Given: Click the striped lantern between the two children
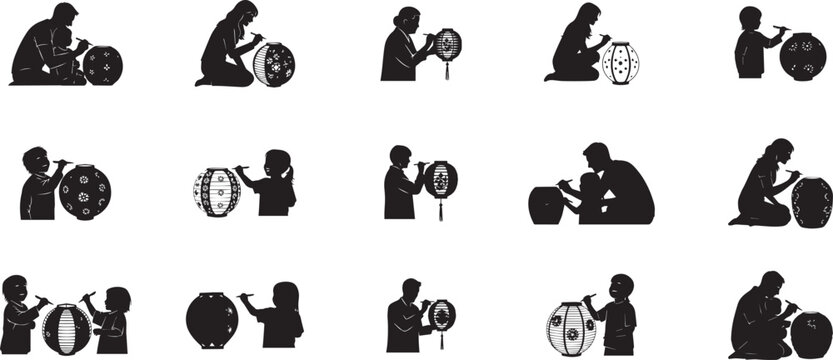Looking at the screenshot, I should tap(66, 329).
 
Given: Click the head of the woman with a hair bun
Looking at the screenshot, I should tap(408, 19).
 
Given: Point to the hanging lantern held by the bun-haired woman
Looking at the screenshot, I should tap(447, 44).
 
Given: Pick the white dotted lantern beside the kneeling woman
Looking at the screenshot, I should tap(620, 63).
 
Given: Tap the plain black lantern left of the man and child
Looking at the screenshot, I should tap(546, 204).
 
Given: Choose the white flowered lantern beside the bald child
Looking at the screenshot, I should tap(571, 327).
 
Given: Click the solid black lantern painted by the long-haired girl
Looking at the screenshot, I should tap(212, 320).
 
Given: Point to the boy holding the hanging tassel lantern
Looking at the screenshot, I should tap(400, 185).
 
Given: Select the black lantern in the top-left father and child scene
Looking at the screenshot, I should tap(102, 65).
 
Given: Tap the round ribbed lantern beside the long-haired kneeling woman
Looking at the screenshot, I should tap(273, 64).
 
